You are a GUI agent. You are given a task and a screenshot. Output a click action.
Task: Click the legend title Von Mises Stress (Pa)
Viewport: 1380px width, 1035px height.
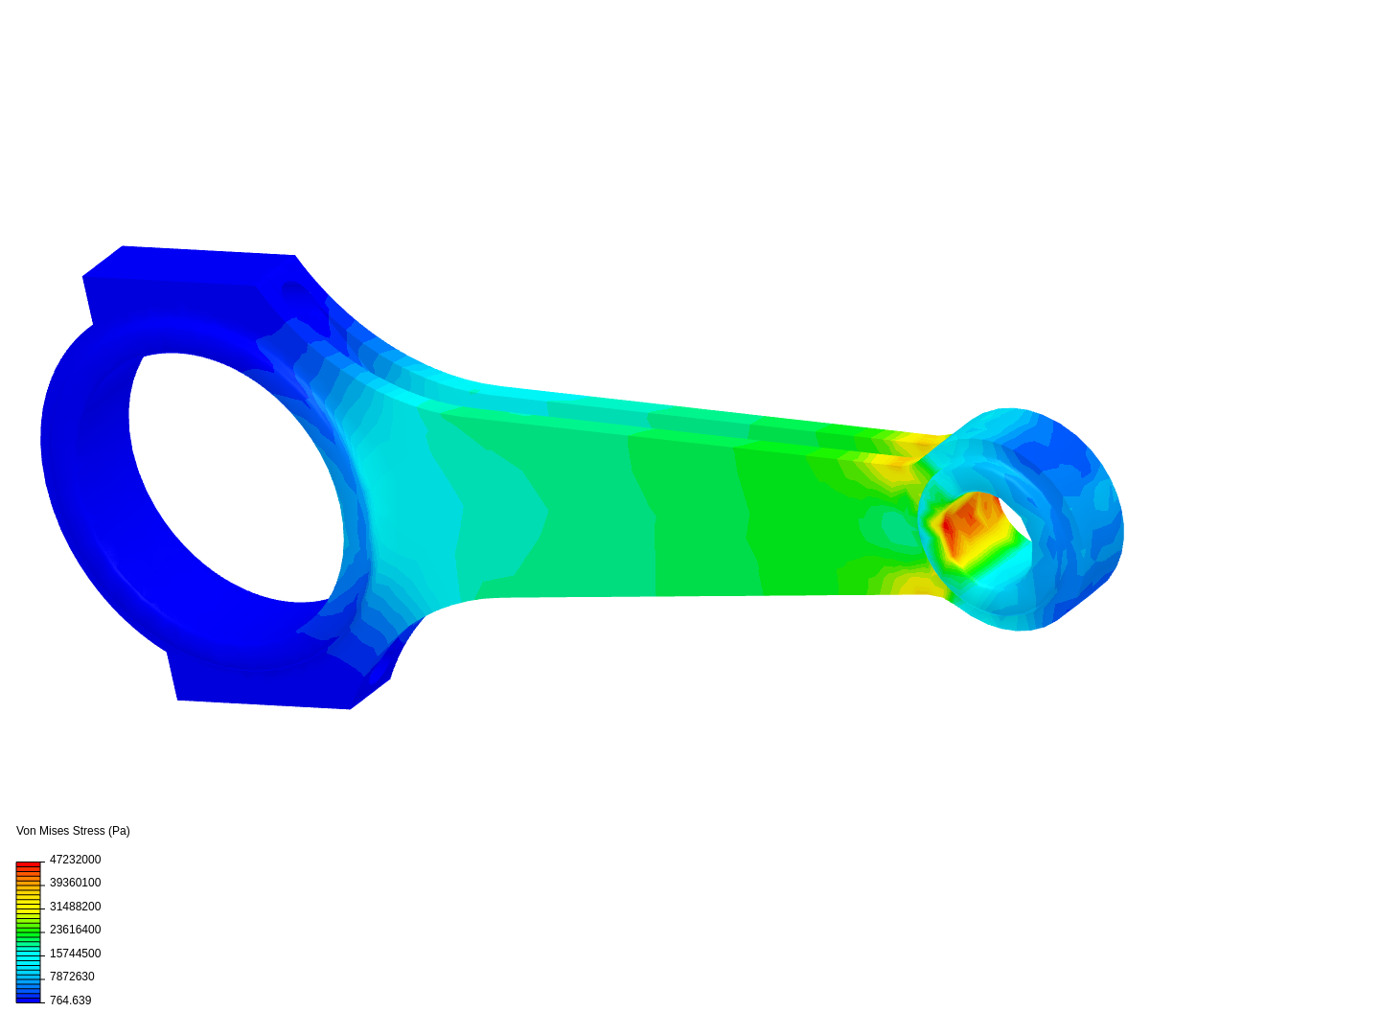pos(73,831)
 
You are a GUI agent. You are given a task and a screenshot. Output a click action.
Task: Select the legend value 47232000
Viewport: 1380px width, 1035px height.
pos(75,860)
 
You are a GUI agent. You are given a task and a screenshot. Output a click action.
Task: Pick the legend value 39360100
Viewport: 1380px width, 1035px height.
pos(75,883)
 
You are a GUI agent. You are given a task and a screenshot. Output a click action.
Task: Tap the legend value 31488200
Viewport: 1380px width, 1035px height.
pos(75,907)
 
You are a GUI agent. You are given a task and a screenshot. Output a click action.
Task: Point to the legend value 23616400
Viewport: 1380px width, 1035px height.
pos(75,930)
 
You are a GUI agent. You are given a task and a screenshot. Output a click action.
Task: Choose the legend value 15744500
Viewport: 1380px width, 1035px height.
pos(75,954)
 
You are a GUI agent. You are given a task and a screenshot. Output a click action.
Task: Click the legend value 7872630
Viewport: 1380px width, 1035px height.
pos(72,977)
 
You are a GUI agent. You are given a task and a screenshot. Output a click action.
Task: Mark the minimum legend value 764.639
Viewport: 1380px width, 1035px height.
pos(70,1000)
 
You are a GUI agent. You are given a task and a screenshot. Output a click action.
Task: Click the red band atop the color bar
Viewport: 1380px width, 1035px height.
pos(28,865)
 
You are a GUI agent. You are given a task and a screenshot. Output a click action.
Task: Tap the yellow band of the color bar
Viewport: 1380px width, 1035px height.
pos(28,906)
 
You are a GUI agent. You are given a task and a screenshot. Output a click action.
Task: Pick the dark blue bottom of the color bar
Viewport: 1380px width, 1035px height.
pos(28,998)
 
